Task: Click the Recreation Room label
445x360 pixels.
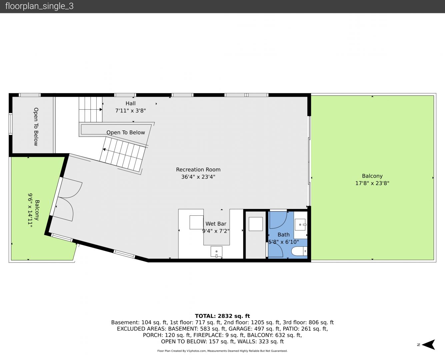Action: point(198,169)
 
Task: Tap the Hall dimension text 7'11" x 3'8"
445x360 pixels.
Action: point(130,111)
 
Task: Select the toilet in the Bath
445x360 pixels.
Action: point(299,251)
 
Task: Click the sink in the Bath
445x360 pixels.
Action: point(300,225)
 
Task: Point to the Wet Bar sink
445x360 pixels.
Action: point(216,252)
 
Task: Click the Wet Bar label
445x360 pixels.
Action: point(216,224)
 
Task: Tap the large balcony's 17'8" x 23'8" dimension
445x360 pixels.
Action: point(372,183)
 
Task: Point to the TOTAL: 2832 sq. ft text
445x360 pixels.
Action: point(222,316)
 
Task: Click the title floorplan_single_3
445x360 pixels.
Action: point(39,6)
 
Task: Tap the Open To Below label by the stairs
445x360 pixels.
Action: point(126,132)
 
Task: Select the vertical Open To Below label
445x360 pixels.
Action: point(36,127)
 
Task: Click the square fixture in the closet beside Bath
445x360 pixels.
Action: point(256,224)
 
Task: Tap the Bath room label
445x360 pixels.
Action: point(284,235)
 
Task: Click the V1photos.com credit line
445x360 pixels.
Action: point(222,351)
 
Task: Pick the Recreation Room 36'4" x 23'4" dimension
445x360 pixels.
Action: point(198,177)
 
